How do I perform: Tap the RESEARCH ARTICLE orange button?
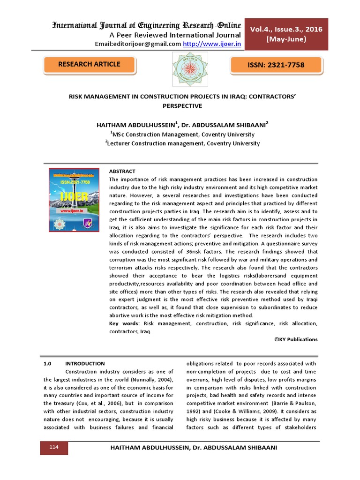89,65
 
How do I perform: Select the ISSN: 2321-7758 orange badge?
276,65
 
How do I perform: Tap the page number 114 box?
54,448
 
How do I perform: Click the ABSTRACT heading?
122,172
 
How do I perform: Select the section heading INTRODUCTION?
85,363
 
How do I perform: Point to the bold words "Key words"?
124,324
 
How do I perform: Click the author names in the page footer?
192,448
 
